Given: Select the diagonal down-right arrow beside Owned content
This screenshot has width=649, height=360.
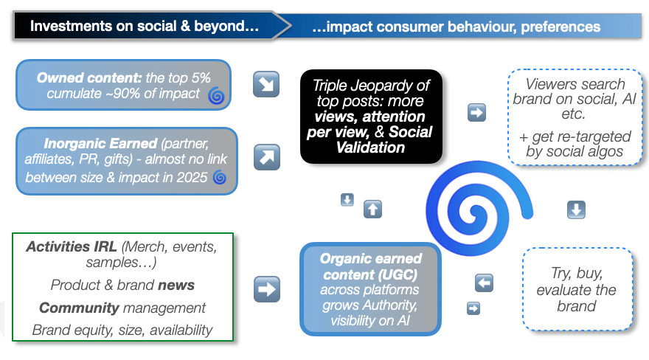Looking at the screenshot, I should (x=266, y=85).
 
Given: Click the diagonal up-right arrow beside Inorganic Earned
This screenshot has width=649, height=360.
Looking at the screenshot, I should (x=266, y=156).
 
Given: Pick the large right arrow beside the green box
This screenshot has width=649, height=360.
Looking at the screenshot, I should (x=266, y=288).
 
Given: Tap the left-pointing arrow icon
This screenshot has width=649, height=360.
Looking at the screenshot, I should (x=485, y=283).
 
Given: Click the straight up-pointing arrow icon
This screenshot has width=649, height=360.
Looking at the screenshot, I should (x=372, y=209).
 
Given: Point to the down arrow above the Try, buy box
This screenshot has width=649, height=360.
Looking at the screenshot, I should (x=576, y=210).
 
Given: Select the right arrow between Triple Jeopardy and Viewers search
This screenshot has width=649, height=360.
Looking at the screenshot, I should (x=477, y=113).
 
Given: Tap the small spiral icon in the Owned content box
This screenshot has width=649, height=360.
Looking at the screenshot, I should (x=216, y=94).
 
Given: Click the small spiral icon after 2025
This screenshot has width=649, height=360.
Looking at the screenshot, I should (x=219, y=177).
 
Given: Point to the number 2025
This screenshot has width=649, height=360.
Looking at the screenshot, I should (x=192, y=177).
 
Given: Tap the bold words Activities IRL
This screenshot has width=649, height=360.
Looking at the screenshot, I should (x=72, y=246).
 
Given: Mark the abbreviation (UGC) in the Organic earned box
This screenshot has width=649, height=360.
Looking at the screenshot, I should (x=400, y=274).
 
